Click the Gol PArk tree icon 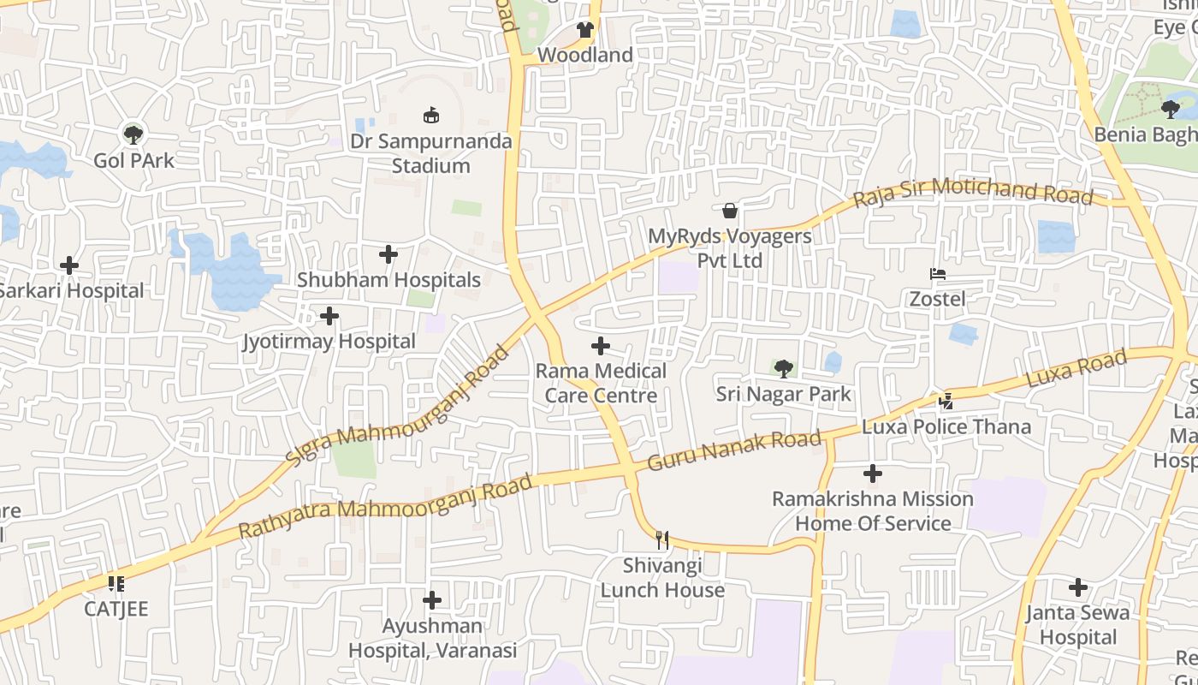(133, 134)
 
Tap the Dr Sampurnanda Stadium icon (431, 115)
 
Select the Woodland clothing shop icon (584, 30)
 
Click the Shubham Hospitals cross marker (388, 254)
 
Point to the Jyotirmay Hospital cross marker (329, 316)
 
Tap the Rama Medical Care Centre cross (601, 346)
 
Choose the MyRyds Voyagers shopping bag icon (730, 211)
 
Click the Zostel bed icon (938, 274)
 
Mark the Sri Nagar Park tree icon (783, 369)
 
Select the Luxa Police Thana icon (946, 401)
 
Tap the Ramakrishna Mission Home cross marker (873, 473)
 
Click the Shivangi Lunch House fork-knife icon (661, 539)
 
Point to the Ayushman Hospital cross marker (432, 599)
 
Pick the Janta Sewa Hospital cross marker (1078, 587)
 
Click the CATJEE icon (116, 584)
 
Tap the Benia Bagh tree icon (1171, 109)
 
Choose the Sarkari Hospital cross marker (69, 265)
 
